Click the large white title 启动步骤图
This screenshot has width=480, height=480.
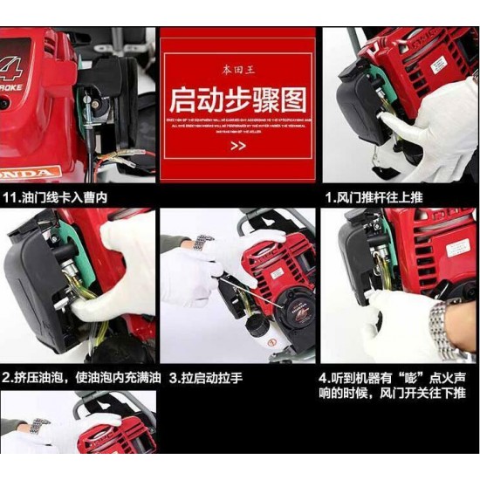pos(237,95)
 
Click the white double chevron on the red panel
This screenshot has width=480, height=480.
pos(237,145)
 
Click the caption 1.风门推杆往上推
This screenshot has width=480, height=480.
pos(374,198)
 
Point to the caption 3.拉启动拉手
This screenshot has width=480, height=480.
pos(207,378)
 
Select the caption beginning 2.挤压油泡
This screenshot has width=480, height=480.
pos(80,378)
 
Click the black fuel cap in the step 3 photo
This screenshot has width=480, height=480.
pos(258,326)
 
